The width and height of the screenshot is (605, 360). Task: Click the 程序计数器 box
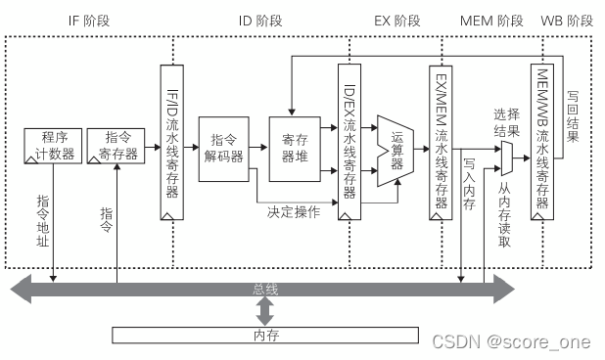[52, 146]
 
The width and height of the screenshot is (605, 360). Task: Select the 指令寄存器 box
[116, 146]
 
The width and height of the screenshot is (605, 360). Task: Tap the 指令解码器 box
[224, 149]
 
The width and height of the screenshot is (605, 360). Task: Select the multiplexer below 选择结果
[506, 149]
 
